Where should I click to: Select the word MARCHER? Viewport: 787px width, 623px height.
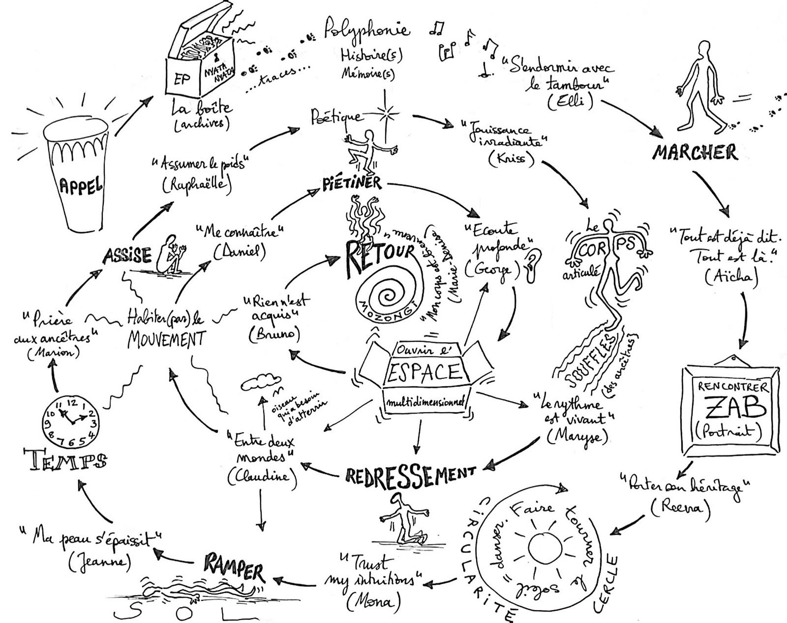point(695,152)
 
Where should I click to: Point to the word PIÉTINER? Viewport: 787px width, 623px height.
point(352,183)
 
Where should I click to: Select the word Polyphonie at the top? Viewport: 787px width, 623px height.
point(366,30)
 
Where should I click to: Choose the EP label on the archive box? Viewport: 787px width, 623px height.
point(182,79)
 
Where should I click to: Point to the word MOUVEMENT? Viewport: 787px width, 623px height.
point(167,339)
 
